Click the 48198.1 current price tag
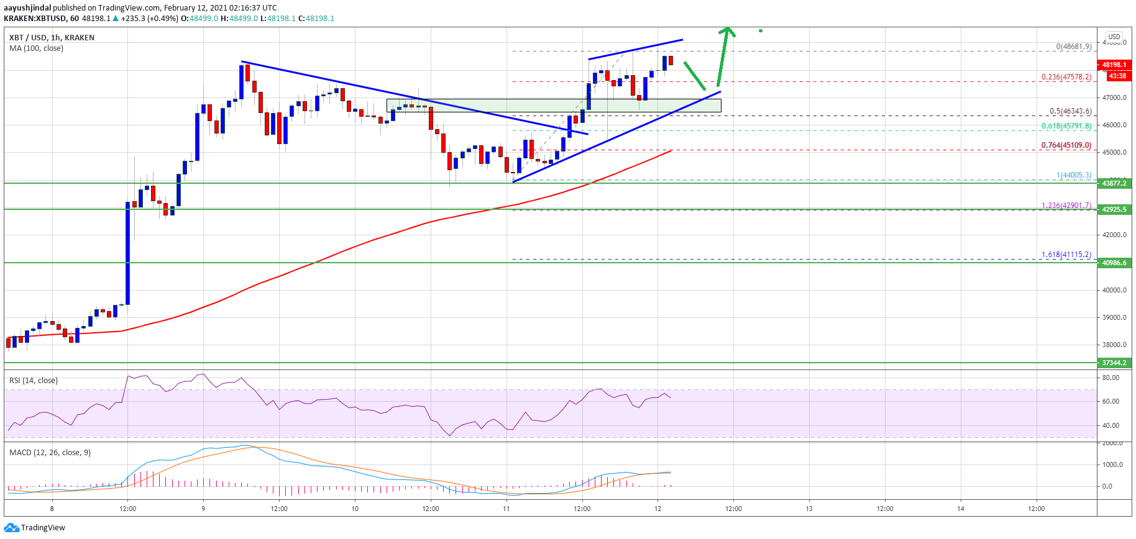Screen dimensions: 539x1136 [1114, 65]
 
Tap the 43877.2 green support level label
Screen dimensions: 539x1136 [1114, 183]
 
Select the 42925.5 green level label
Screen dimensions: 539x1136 [1114, 209]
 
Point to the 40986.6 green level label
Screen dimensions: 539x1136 [1114, 263]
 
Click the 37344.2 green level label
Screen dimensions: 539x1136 [1114, 363]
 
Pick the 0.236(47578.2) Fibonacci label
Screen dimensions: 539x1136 [1066, 77]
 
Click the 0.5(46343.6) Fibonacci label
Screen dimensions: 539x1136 [1070, 111]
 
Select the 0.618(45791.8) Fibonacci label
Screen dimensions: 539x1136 [1066, 126]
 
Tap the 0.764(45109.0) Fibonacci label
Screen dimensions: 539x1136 [1066, 145]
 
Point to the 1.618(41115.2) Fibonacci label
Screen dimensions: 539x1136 [1066, 255]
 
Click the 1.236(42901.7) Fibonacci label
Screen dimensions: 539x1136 [1066, 206]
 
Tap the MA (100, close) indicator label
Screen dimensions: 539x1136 [36, 48]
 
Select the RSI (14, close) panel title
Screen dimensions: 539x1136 [34, 381]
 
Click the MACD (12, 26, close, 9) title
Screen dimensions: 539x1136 [50, 453]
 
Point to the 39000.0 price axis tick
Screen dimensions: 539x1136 [1114, 317]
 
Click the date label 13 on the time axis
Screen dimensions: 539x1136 [809, 509]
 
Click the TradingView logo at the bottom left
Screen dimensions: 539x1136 [35, 528]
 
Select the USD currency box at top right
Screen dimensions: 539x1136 [1114, 37]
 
